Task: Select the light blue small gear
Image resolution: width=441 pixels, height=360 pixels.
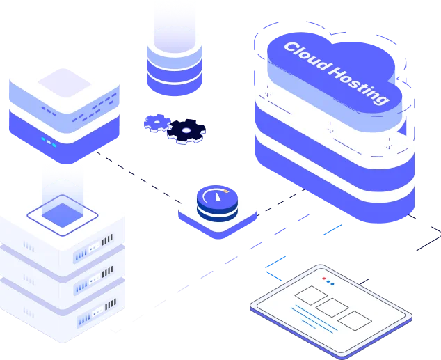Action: coord(158,123)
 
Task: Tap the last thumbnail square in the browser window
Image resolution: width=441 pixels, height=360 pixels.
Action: coord(355,320)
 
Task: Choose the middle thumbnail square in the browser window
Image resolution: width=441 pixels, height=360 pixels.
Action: coord(330,307)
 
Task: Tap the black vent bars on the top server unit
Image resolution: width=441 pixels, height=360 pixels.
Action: coord(106,240)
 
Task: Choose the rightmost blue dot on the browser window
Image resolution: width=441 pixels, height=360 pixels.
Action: coord(332,283)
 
